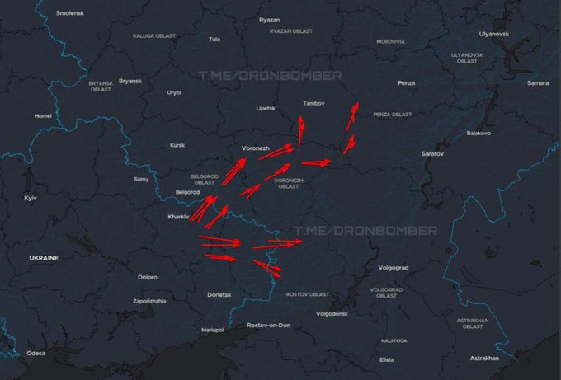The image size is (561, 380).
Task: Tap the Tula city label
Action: [214, 39]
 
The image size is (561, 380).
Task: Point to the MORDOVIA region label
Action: [390, 41]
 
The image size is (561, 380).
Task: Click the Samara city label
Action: [537, 83]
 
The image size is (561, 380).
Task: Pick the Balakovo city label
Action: [478, 133]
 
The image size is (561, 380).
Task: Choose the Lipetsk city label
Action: [266, 108]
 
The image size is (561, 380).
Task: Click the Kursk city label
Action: [177, 145]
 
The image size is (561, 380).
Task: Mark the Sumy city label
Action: [141, 179]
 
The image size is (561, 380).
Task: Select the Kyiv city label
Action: [31, 199]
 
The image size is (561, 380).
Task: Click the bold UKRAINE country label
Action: [44, 258]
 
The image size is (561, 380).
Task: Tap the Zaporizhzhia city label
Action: [149, 301]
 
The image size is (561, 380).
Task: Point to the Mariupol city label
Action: [212, 330]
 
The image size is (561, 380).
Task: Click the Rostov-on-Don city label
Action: [269, 326]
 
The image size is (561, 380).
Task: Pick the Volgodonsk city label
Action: [332, 314]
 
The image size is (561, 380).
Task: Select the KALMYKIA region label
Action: [394, 340]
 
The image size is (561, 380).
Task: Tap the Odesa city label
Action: [35, 353]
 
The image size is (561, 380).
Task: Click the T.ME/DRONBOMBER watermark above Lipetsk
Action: [270, 75]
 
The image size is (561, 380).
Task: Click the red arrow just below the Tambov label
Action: [300, 130]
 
